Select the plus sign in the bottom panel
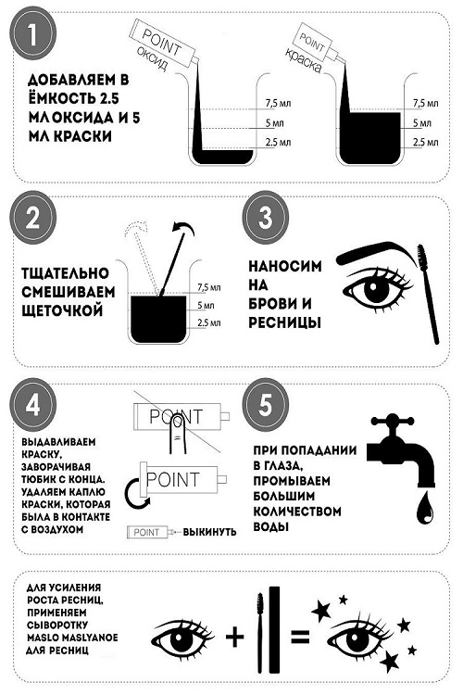(237, 635)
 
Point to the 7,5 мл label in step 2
(211, 287)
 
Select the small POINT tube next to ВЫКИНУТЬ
(150, 532)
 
